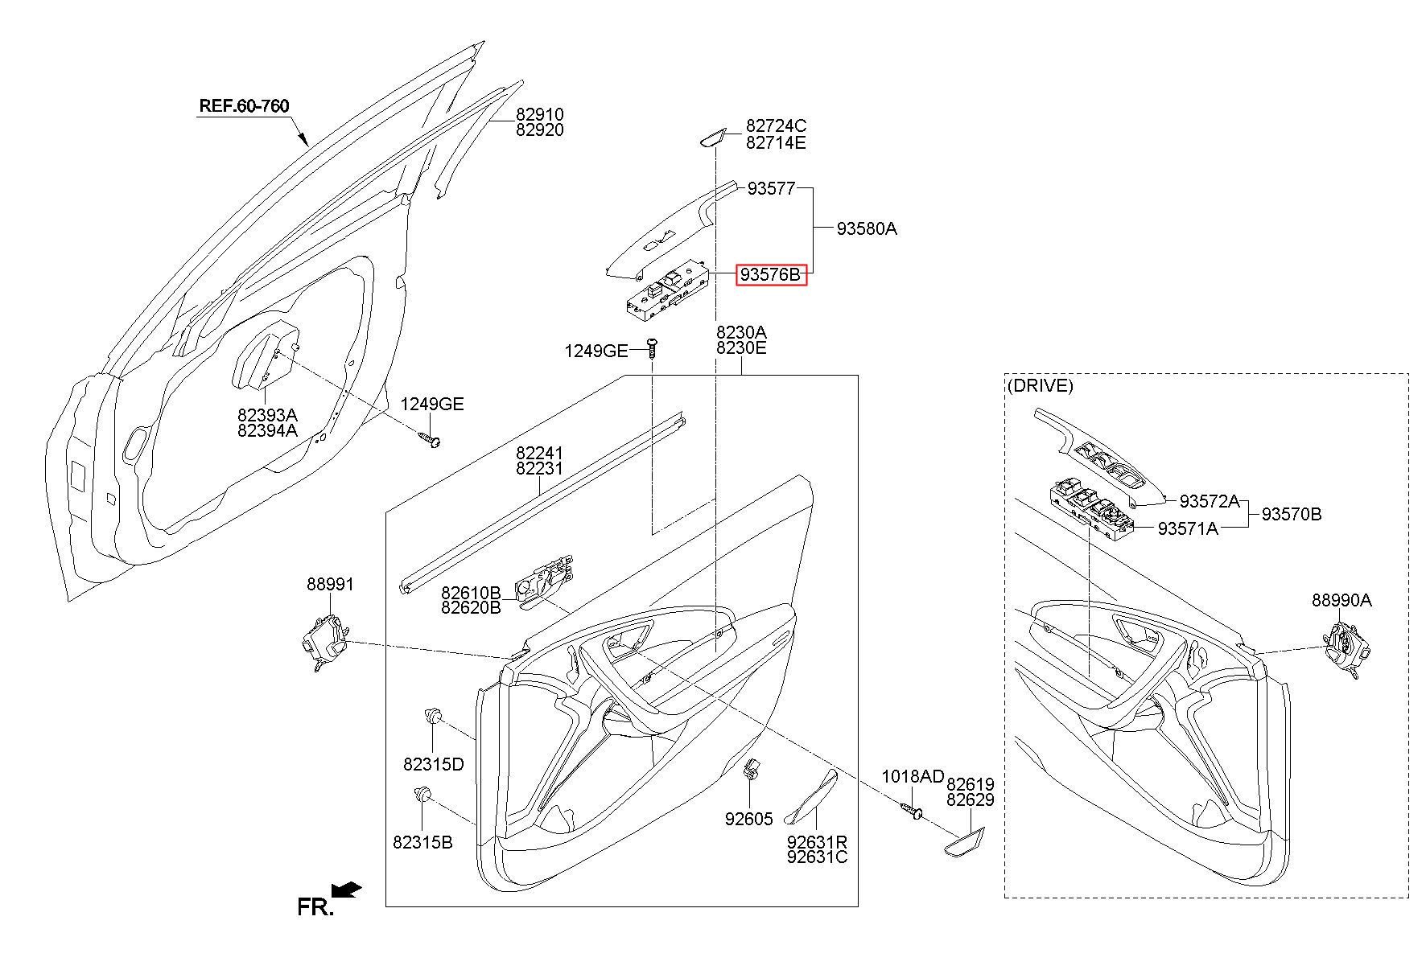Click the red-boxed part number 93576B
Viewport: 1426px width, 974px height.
(771, 275)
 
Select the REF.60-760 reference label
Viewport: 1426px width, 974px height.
(244, 106)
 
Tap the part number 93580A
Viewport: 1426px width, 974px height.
(867, 228)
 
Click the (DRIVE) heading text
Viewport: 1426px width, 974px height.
(1041, 385)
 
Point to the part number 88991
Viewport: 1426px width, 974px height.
(330, 584)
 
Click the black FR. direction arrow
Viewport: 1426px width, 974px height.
(347, 890)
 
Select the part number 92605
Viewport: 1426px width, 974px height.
(748, 819)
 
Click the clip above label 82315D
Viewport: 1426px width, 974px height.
(434, 713)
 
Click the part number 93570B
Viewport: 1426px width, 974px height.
(1292, 514)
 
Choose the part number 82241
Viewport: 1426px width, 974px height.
(539, 454)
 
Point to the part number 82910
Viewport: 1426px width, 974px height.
(539, 115)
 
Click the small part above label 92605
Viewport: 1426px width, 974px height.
(752, 769)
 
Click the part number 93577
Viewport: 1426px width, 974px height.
(771, 189)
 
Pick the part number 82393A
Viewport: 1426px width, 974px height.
(267, 415)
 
